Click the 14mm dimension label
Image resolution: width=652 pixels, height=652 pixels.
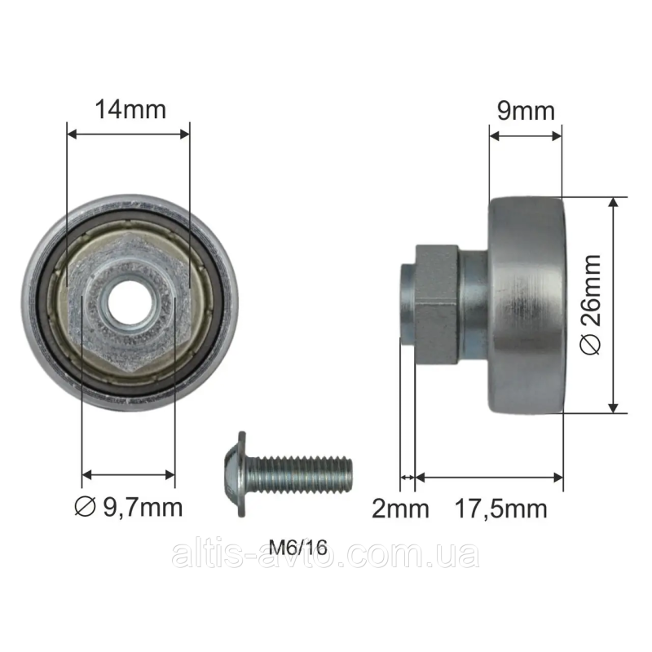coord(130,109)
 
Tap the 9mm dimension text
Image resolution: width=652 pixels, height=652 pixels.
coord(526,111)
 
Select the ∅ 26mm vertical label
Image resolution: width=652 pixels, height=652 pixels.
coord(590,305)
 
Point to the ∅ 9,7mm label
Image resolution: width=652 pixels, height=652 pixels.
coord(129,507)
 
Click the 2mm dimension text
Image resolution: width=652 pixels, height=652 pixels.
coord(400,509)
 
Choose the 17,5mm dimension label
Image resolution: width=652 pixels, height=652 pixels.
coord(501,509)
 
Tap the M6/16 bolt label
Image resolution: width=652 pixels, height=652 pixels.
coord(298,547)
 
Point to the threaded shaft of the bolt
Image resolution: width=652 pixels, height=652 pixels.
coord(299,474)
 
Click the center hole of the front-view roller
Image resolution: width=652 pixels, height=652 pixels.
coord(129,302)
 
